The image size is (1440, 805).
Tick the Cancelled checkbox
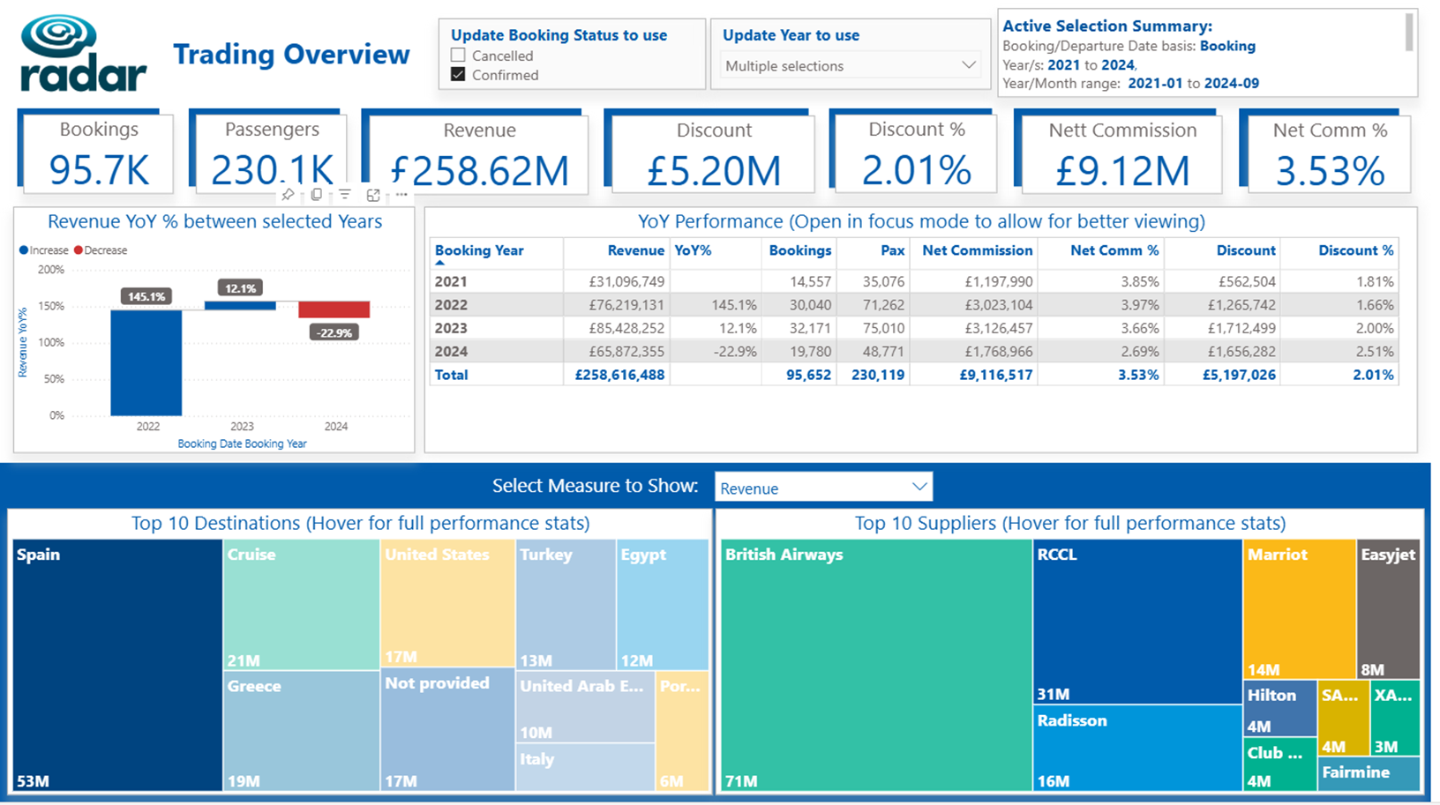coord(458,56)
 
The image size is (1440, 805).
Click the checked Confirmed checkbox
coord(458,75)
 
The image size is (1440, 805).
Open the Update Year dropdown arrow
coord(969,65)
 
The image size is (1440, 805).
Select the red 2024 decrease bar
coord(334,309)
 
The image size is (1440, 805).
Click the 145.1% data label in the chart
coord(146,296)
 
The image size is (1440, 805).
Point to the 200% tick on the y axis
coord(51,269)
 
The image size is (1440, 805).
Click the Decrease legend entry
coord(101,250)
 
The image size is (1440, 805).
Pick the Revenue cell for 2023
coord(626,328)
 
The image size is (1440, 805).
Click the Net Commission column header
coord(977,250)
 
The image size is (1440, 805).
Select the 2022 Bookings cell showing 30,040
coord(810,304)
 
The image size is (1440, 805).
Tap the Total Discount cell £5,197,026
coord(1239,375)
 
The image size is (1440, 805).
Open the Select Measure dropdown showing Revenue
coord(823,488)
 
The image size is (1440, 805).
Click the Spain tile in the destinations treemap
coord(117,665)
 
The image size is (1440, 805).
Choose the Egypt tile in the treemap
coord(662,605)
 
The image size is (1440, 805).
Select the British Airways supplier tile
coord(876,665)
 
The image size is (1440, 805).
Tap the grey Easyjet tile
coord(1388,609)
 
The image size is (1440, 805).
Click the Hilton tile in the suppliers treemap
coord(1279,709)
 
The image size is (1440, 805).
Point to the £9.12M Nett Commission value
coord(1122,171)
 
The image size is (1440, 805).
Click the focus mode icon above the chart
coord(373,195)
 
